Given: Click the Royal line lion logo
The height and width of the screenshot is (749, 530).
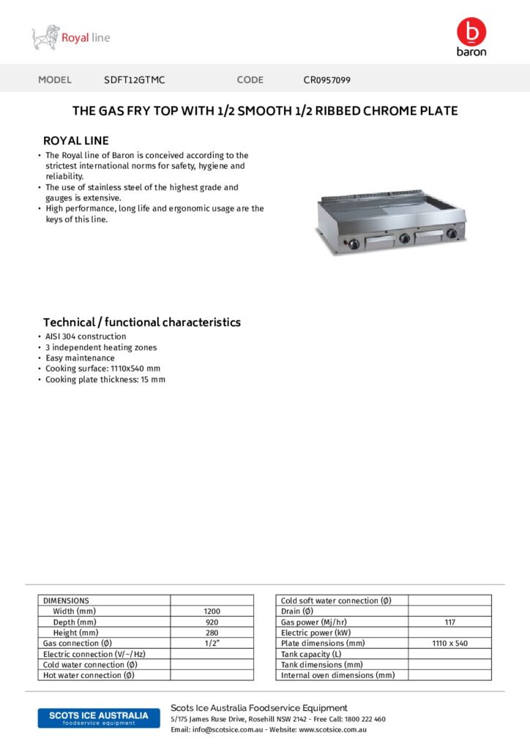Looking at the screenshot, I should click(45, 37).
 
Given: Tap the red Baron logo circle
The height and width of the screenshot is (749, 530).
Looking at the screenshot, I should click(471, 31).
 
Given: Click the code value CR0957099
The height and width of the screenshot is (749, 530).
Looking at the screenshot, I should click(327, 80).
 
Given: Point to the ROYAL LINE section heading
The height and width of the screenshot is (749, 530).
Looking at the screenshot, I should click(76, 140).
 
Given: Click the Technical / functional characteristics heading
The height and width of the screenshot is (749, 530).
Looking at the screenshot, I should click(142, 322).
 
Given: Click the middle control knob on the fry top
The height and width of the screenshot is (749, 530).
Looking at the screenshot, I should click(403, 237).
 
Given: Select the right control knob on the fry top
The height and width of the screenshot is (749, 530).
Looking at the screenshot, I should click(452, 234).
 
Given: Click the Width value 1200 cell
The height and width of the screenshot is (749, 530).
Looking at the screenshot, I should click(212, 611).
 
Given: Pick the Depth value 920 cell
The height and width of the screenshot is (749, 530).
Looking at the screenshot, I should click(212, 622).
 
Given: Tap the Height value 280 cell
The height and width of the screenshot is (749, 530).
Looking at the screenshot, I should click(212, 632).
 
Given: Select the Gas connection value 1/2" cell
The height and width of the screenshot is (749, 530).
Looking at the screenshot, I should click(212, 643).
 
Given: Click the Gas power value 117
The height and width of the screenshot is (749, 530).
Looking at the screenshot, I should click(449, 622).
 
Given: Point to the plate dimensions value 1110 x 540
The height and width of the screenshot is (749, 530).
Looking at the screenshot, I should click(449, 643).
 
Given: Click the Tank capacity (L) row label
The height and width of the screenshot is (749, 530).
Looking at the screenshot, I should click(312, 654).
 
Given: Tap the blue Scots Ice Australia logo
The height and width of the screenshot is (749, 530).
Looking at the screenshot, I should click(98, 718).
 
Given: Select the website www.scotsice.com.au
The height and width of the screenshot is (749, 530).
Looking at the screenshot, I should click(332, 729).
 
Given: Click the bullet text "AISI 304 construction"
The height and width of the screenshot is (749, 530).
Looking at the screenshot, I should click(86, 336).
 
